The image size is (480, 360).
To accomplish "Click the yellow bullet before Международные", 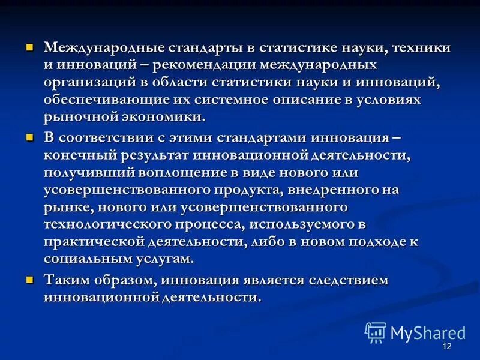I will [29, 47].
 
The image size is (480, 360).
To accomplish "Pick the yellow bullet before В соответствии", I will [29, 137].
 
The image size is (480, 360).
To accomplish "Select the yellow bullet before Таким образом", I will [29, 280].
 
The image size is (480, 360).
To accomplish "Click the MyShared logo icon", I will [376, 332].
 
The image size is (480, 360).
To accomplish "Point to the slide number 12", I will [446, 347].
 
